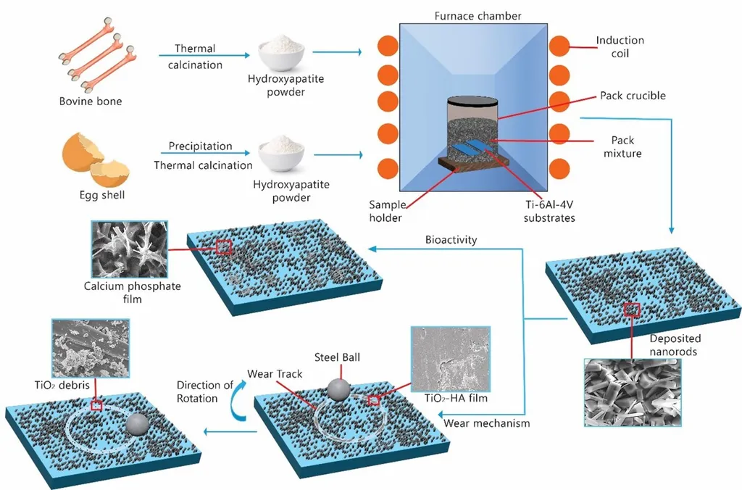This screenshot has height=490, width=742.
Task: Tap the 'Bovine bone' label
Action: point(91,101)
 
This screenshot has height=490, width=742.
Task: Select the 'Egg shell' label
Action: point(91,195)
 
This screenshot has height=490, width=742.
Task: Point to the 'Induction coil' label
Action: point(620,47)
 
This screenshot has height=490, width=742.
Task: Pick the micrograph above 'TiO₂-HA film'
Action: point(449,360)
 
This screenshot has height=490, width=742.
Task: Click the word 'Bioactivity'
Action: point(452,240)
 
